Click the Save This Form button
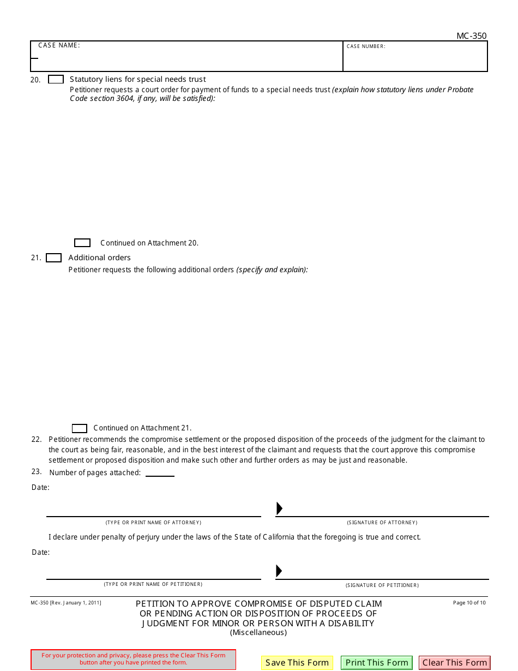(x=297, y=663)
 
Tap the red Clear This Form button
(x=454, y=663)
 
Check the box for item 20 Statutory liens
(x=56, y=79)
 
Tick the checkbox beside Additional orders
(x=53, y=258)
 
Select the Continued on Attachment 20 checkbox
(x=82, y=243)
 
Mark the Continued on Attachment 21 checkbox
(x=80, y=428)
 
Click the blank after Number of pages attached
(x=160, y=472)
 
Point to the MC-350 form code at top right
(x=471, y=36)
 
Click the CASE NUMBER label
(x=366, y=46)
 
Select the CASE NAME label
(x=59, y=45)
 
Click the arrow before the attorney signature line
(x=279, y=508)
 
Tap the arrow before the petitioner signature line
(x=279, y=571)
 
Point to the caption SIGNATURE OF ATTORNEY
(x=382, y=523)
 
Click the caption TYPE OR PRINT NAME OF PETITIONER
(x=153, y=584)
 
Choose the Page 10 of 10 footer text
(x=469, y=603)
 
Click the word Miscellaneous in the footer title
(x=258, y=633)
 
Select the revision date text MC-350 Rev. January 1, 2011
(x=66, y=603)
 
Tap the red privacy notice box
(x=134, y=659)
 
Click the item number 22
(x=37, y=439)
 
